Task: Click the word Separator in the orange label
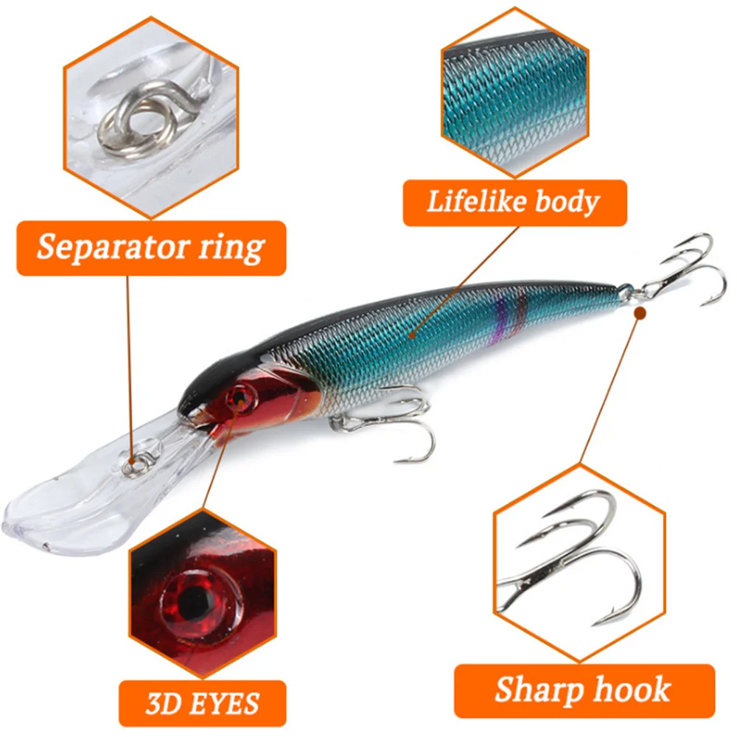(113, 247)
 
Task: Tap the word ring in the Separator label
(231, 248)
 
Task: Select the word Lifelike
(476, 201)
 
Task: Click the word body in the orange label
(567, 202)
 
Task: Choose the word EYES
(220, 704)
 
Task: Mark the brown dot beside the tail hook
(640, 313)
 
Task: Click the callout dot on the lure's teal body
(412, 335)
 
